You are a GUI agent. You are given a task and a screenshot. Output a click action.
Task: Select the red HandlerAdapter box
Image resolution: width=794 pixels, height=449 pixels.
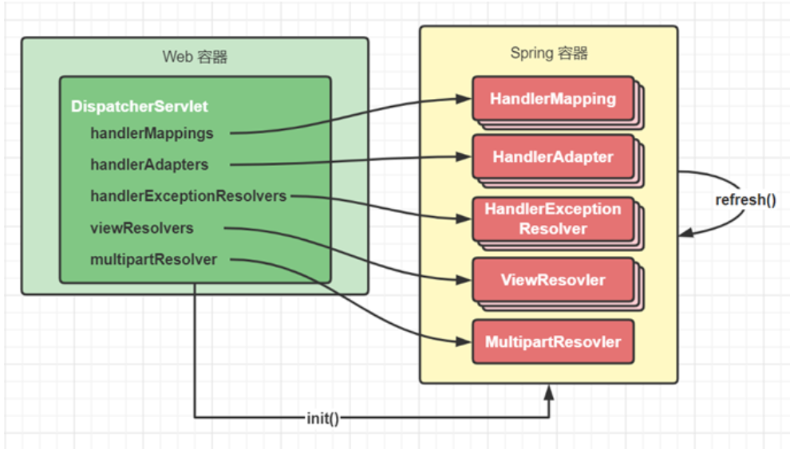point(553,158)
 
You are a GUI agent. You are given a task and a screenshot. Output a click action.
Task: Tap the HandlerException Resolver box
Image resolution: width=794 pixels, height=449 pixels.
point(553,219)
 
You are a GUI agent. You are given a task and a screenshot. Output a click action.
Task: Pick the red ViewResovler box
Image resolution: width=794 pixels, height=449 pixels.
point(553,280)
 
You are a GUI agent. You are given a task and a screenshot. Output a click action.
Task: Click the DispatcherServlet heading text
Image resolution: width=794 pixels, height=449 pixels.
point(140,106)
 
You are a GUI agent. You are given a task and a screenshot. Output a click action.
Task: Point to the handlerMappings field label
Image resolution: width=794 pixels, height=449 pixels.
point(152,133)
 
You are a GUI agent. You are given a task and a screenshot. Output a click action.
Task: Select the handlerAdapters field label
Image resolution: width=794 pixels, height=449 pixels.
point(149,165)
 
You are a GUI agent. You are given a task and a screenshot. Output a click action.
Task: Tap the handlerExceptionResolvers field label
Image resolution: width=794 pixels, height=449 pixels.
point(188,196)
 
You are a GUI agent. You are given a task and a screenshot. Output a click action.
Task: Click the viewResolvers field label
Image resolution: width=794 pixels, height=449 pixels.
point(142,228)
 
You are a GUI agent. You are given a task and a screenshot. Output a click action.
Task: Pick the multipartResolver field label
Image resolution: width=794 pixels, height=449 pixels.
point(153,259)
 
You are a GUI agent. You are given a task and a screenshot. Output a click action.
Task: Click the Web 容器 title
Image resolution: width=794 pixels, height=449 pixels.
point(195,57)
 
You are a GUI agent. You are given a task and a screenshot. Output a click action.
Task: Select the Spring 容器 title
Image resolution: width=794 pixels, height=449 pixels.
point(549,53)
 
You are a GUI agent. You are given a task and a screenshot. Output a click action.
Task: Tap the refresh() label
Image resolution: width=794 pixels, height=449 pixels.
point(745,199)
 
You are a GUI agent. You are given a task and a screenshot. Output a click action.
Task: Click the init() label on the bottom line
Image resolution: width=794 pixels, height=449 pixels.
point(323,418)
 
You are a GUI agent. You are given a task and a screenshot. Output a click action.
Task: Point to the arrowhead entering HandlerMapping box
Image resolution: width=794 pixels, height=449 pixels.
point(465,100)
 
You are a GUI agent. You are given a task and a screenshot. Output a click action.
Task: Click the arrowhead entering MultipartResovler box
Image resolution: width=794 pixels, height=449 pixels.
point(465,342)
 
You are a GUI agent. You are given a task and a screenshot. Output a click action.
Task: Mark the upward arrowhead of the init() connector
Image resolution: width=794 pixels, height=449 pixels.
point(549,390)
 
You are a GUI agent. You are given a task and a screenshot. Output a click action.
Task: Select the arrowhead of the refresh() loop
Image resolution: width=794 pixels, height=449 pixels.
point(685,233)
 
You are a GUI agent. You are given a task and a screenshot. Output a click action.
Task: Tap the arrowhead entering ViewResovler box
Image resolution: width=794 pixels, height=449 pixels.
point(465,280)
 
